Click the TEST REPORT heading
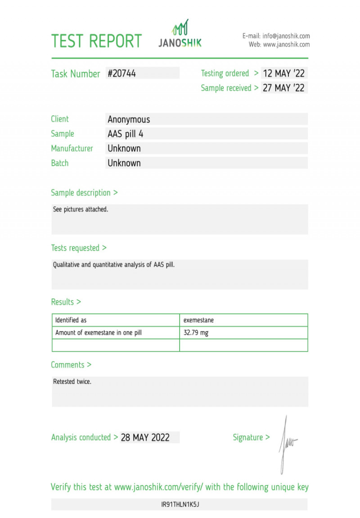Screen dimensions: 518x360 click(x=96, y=41)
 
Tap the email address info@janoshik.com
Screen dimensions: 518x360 click(x=286, y=36)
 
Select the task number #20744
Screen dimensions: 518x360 click(x=121, y=73)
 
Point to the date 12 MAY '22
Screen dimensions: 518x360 click(x=283, y=73)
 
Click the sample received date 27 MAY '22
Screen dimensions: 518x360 click(x=283, y=88)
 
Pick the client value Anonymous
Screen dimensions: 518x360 click(x=129, y=119)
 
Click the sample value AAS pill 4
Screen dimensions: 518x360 click(x=126, y=134)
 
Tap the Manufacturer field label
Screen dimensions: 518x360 click(x=72, y=148)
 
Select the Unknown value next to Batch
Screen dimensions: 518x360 click(x=124, y=163)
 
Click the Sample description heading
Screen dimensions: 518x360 click(x=84, y=193)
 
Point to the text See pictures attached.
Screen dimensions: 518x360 click(x=81, y=209)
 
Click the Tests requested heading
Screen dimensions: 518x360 click(x=79, y=248)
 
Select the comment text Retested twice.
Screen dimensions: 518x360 click(x=72, y=382)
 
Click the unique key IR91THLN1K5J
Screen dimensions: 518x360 click(x=180, y=504)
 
